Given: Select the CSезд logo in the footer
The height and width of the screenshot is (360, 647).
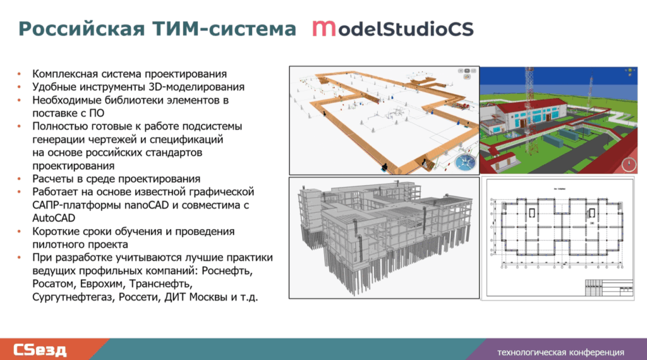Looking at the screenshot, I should pyautogui.click(x=40, y=349).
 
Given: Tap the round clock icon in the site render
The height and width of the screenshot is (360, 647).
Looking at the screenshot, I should pyautogui.click(x=628, y=165).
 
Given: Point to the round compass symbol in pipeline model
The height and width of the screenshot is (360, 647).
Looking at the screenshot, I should pyautogui.click(x=466, y=161).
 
